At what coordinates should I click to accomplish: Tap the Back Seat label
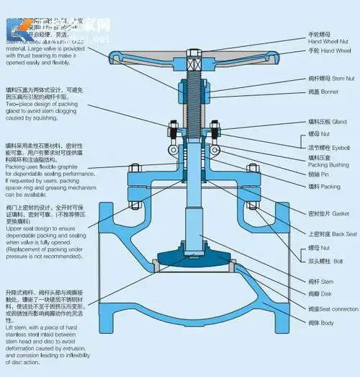point(333,234)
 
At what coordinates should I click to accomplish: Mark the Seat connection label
point(333,309)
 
